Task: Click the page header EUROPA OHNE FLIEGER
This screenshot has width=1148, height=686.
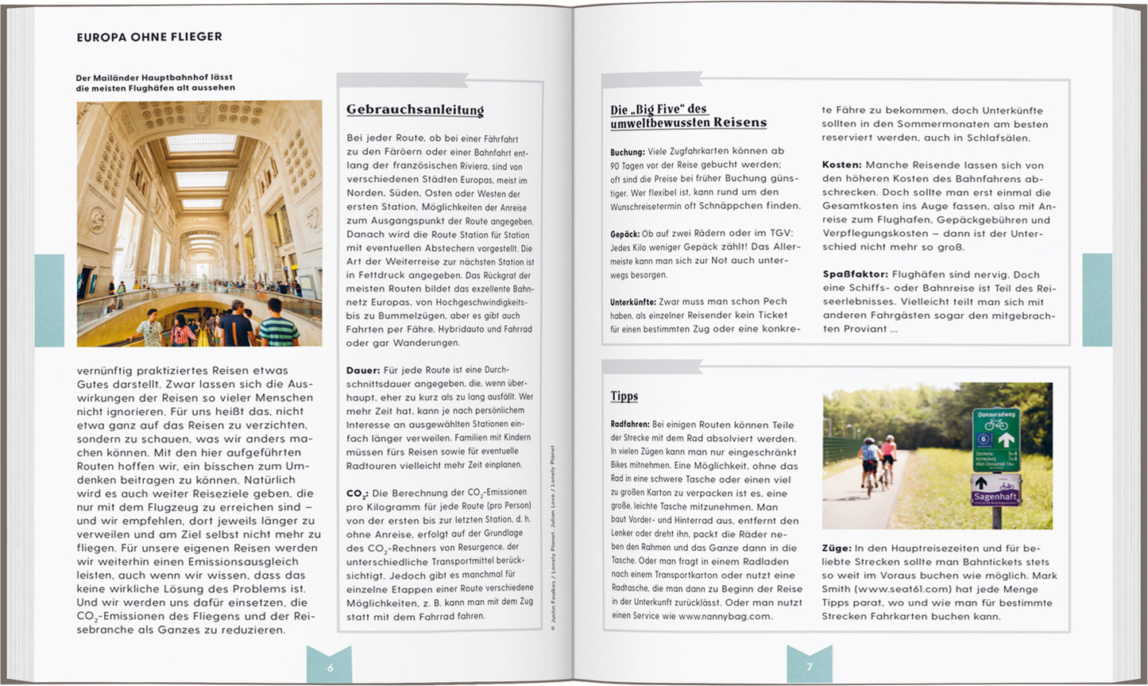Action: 149,37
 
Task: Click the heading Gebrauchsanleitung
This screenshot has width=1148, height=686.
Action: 415,110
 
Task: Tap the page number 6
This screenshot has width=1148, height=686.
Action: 330,668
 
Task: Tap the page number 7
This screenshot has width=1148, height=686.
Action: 810,667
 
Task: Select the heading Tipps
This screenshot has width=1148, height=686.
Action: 624,396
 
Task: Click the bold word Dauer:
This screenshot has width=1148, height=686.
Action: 363,370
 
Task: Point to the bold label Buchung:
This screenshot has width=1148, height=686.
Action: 628,151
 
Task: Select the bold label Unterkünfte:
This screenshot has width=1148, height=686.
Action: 633,302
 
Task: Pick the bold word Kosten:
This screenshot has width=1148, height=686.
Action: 841,165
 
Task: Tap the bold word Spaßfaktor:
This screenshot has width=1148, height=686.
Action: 855,274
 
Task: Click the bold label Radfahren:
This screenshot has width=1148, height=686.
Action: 630,424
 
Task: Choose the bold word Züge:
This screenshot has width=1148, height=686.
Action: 836,548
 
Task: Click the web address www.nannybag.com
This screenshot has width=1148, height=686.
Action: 725,615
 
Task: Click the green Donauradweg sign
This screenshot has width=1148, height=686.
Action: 995,440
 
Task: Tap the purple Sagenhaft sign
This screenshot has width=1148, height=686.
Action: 995,490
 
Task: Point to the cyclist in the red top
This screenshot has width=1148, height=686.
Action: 888,453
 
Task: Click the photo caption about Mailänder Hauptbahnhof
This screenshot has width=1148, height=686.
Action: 155,83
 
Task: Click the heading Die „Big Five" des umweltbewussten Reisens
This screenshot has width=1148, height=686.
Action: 688,116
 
